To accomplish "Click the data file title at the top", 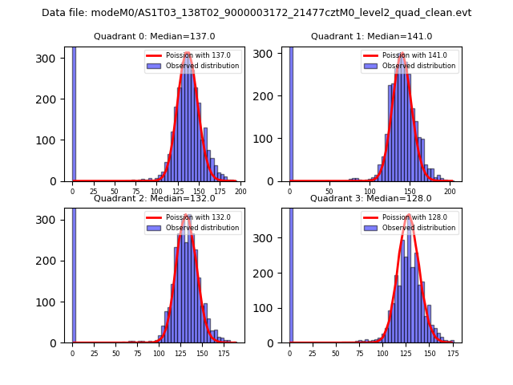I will tap(256, 13).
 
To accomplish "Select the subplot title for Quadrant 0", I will tap(154, 36).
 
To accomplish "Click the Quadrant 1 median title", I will tap(371, 36).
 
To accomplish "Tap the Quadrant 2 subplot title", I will tap(154, 198).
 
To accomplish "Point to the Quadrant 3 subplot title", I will tap(371, 198).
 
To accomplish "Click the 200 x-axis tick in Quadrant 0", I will tap(240, 192).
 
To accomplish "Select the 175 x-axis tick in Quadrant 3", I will tap(453, 354).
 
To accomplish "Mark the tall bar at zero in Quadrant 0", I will tap(74, 112).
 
